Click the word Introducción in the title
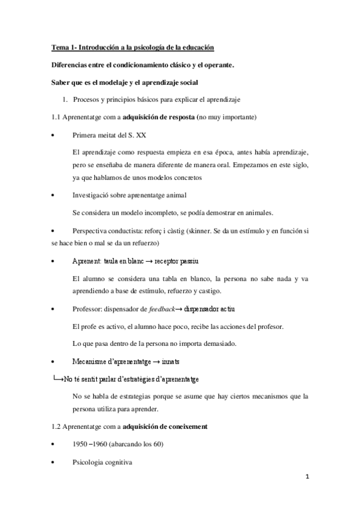[96, 48]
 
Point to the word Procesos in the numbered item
[86, 99]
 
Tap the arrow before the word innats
[154, 361]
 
